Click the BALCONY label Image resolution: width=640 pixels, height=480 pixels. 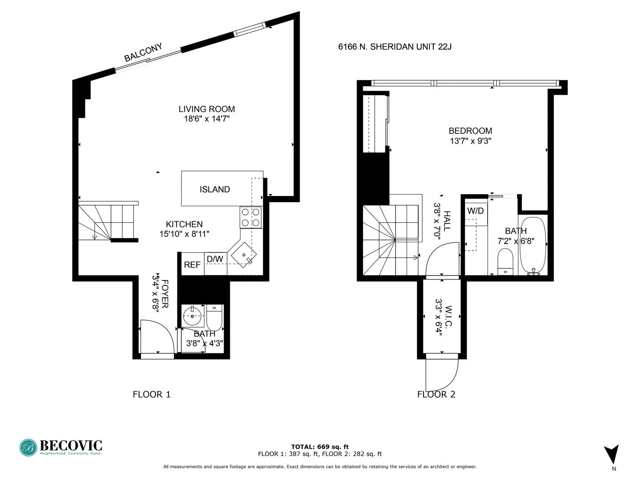pyautogui.click(x=143, y=52)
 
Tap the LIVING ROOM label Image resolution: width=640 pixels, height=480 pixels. pyautogui.click(x=207, y=109)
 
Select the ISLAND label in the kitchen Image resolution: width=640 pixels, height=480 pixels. pyautogui.click(x=215, y=189)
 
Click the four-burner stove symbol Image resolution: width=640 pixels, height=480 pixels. pyautogui.click(x=250, y=217)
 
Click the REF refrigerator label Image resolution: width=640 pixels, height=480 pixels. pyautogui.click(x=192, y=264)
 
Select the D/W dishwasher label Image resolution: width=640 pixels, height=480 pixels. pyautogui.click(x=215, y=259)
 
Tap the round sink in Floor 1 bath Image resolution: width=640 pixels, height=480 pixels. pyautogui.click(x=193, y=316)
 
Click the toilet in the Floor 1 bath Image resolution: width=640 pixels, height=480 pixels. pyautogui.click(x=214, y=317)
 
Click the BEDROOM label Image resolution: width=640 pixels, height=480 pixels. pyautogui.click(x=470, y=131)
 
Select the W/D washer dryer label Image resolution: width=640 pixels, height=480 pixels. pyautogui.click(x=475, y=211)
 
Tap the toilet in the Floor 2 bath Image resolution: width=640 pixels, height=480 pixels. pyautogui.click(x=505, y=261)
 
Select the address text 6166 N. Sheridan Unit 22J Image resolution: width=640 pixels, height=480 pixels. pyautogui.click(x=395, y=47)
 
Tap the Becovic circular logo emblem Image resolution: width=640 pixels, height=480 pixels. pyautogui.click(x=28, y=448)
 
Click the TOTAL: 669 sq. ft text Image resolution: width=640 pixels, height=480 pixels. pyautogui.click(x=320, y=447)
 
